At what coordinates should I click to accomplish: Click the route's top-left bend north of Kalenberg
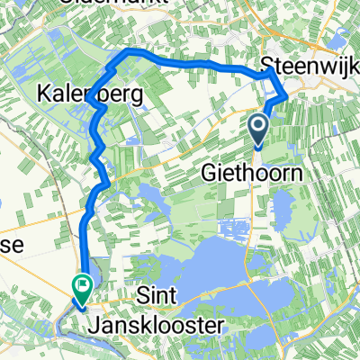coord(127,52)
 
